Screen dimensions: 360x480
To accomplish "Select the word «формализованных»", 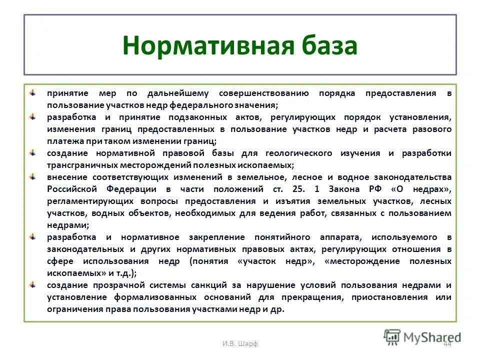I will click(174, 297).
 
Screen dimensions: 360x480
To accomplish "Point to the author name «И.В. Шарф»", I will click(239, 342).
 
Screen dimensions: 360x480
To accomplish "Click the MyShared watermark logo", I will click(422, 336).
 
